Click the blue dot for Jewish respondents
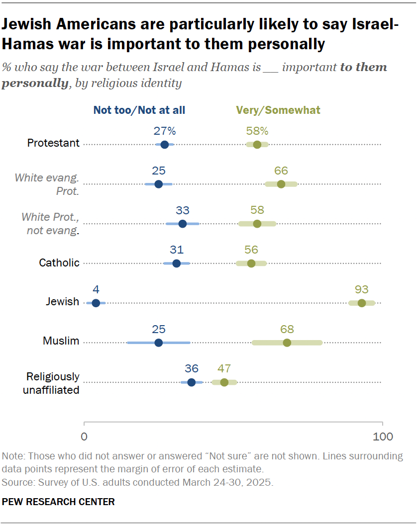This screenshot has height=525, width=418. coord(96,303)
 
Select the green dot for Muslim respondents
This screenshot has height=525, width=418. coord(287,343)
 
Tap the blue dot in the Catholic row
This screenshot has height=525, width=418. coord(176,263)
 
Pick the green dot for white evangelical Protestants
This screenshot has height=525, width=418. coord(281,184)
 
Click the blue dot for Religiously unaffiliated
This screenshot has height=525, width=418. coord(192,382)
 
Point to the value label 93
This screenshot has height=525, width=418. coord(361,289)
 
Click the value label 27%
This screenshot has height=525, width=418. coord(164,131)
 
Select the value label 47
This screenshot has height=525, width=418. coord(224,368)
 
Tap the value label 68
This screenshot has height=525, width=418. coord(287,329)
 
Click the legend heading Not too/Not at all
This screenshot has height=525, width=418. coord(139,110)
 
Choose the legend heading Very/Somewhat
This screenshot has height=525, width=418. coord(278,110)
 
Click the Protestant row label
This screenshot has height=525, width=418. coord(53,143)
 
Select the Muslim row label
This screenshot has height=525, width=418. coord(61,342)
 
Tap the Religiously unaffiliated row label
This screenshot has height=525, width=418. coord(52,383)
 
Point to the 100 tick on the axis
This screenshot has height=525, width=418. coord(383,437)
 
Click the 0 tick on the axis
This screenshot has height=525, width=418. coord(84,437)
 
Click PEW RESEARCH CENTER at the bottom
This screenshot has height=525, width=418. coord(58,502)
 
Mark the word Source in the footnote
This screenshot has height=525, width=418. coord(15,483)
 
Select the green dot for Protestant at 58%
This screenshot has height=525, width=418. coord(257,145)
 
